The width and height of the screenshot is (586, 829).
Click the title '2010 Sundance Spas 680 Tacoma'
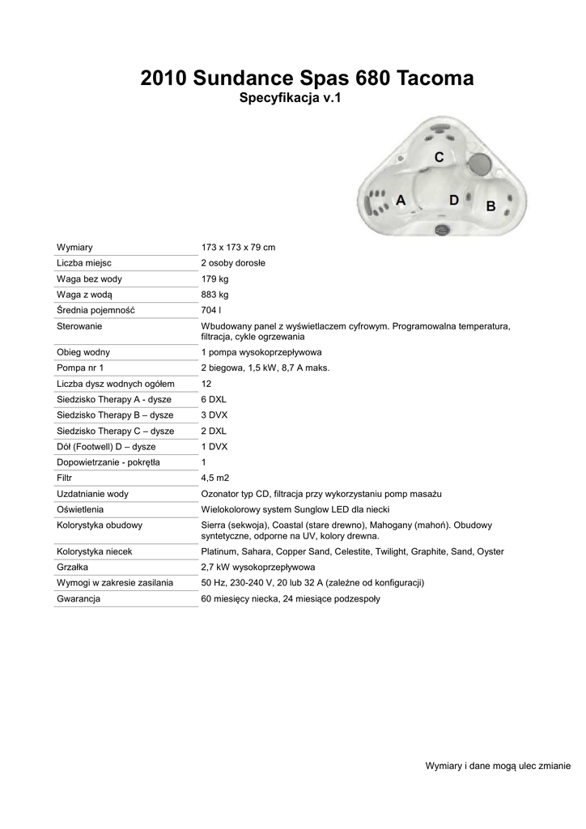click(307, 78)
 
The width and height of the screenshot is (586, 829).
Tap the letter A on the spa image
click(400, 200)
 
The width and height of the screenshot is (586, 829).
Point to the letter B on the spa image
click(490, 206)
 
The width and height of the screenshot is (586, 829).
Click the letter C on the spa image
click(439, 157)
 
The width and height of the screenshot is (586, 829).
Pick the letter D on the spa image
click(454, 200)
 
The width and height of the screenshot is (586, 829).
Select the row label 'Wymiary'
click(74, 247)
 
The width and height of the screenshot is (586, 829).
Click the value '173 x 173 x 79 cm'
click(238, 247)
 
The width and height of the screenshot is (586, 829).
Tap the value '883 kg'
click(214, 295)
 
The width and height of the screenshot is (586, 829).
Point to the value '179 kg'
click(214, 279)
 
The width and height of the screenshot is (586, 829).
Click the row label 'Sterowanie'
click(79, 326)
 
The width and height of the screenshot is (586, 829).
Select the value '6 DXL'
click(214, 399)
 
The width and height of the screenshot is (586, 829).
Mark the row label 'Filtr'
click(65, 478)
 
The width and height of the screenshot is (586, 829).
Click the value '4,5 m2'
click(214, 478)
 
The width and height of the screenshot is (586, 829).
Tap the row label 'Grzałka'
click(73, 567)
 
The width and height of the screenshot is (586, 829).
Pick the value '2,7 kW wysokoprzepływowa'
click(257, 567)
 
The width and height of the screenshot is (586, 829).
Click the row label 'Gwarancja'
click(79, 598)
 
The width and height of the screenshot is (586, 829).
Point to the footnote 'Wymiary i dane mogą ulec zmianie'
click(498, 766)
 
